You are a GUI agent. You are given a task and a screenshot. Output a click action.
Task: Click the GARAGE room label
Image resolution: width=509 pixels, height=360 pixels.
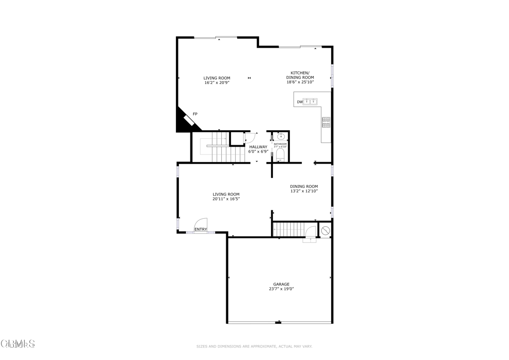pos(281,284)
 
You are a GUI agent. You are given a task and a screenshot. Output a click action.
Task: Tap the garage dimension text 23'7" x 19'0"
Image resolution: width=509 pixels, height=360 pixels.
pos(281,289)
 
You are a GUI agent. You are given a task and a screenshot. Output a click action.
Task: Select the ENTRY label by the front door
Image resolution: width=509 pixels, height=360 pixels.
pos(201,229)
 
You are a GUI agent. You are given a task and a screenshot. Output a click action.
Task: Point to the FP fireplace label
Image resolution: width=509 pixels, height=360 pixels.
pos(195,114)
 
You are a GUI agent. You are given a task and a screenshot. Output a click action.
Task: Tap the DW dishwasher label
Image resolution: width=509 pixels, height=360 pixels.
pos(300,102)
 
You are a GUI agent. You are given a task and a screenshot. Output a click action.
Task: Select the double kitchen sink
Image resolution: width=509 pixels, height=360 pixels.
pos(311,102)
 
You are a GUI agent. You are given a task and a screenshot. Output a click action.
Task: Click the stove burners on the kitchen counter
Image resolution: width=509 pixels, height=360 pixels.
pos(326,122)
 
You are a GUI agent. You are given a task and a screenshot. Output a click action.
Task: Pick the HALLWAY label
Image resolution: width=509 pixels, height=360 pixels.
pos(258,147)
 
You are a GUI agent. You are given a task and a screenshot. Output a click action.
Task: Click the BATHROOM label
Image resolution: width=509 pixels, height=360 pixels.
pos(280,144)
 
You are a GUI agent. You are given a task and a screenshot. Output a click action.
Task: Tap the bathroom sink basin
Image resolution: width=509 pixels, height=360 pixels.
pos(280,135)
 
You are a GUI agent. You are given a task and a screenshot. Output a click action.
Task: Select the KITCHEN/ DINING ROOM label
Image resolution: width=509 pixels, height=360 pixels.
pos(300,75)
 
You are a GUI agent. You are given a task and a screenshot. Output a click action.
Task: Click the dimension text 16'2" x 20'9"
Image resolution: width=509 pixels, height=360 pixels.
pos(217,83)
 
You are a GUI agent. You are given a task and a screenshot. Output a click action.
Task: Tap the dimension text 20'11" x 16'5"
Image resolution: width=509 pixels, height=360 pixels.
pos(226,199)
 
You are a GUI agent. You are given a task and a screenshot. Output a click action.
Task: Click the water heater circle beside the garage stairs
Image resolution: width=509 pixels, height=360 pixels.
pos(326,230)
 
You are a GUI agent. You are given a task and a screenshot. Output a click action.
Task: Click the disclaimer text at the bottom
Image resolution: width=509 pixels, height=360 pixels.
pos(254,346)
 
